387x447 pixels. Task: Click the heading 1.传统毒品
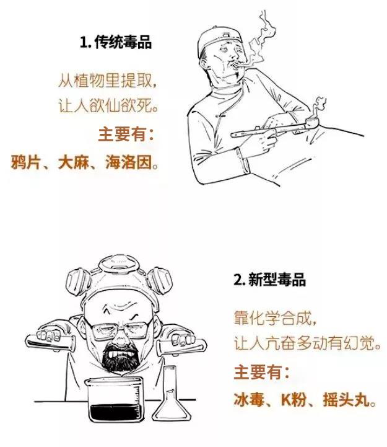(116, 43)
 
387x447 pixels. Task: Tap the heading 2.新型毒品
(269, 280)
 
